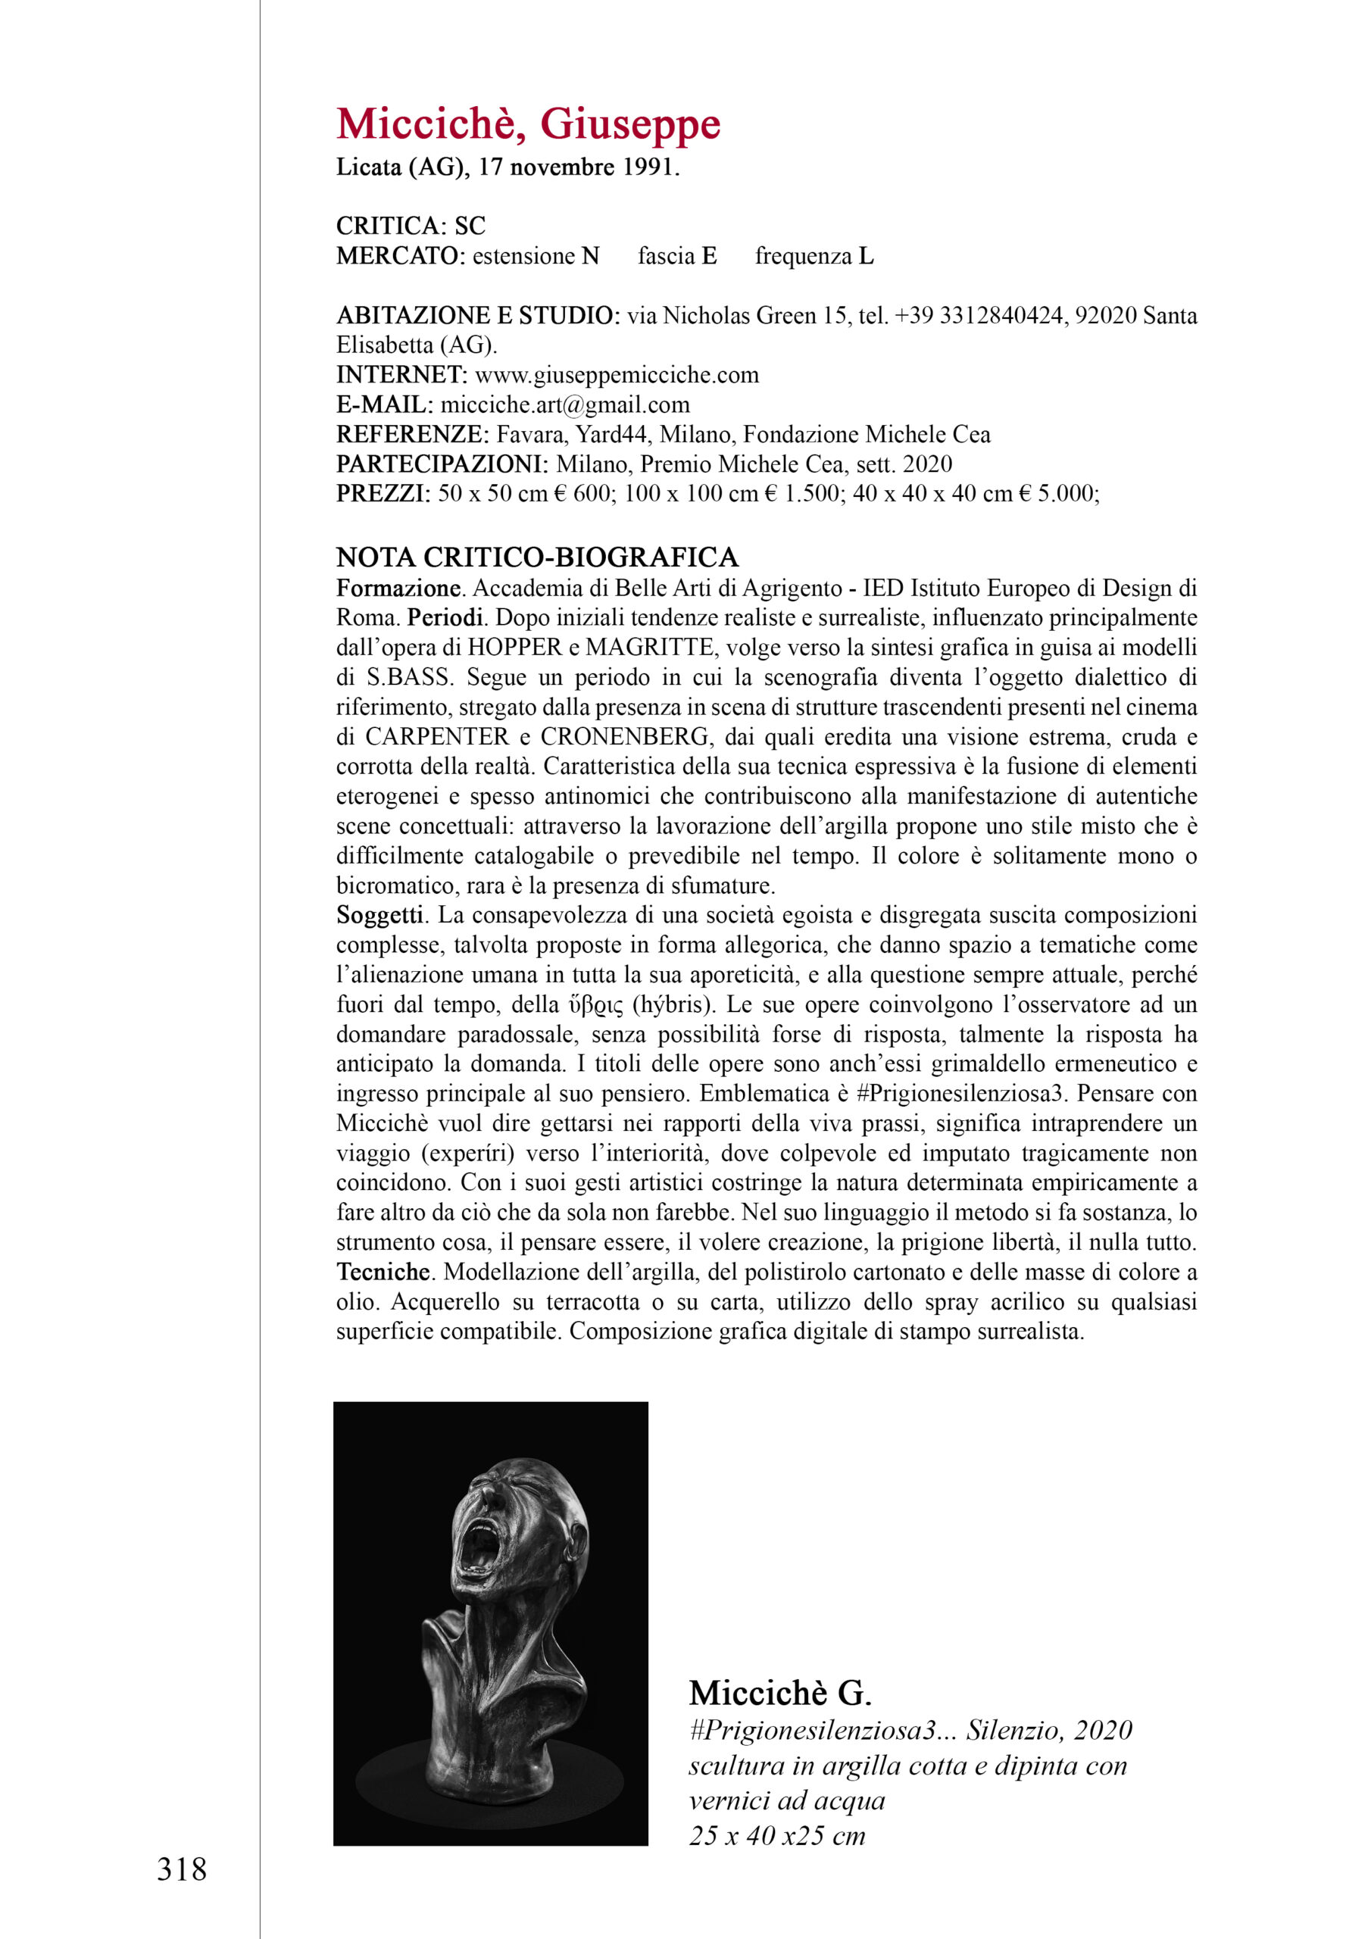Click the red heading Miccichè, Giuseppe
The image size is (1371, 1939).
[528, 125]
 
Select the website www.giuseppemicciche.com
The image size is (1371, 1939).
[617, 375]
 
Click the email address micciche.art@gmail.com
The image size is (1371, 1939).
[565, 404]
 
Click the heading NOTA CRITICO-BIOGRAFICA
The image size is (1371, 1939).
[537, 557]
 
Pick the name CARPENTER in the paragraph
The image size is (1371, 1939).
[437, 737]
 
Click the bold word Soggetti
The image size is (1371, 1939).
[379, 916]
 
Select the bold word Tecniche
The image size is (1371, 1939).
[383, 1272]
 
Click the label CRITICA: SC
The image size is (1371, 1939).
[411, 226]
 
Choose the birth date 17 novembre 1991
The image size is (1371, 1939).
[579, 167]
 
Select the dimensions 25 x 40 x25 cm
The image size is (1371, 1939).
[777, 1836]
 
